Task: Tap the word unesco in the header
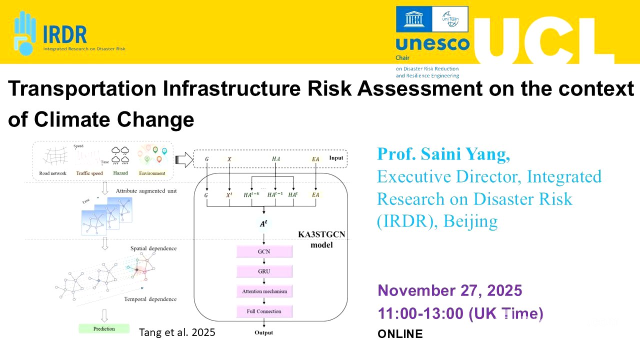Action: point(432,44)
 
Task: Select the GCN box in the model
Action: point(264,251)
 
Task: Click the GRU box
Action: point(264,271)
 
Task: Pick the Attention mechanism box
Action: point(264,291)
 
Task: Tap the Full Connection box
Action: point(264,311)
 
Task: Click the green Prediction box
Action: point(104,328)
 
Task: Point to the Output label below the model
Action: point(263,332)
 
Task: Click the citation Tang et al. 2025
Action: point(177,332)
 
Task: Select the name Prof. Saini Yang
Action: point(443,154)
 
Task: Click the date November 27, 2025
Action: point(450,290)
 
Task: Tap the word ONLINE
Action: point(400,334)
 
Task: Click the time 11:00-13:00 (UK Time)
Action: point(460,313)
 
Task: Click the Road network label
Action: point(53,173)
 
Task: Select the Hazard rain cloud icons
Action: point(120,155)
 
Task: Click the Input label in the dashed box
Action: point(336,158)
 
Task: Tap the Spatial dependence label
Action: point(153,248)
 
